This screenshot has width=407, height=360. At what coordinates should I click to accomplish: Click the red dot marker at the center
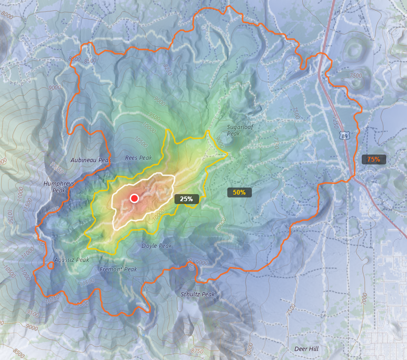point(134,198)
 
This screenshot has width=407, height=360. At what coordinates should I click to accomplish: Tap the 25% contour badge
point(186,199)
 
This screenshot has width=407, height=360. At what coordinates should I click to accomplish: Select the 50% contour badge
point(239,192)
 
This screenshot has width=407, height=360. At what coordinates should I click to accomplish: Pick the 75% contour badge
point(374,159)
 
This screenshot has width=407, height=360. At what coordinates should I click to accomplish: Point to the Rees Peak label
point(139,158)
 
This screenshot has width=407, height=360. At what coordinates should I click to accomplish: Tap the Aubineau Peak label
point(91,160)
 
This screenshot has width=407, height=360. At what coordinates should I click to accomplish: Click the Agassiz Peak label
point(72,260)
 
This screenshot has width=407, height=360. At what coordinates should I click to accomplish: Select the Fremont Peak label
point(118,269)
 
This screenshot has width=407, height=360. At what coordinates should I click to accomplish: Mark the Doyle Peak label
point(157,246)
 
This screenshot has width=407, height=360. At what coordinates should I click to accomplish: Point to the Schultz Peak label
point(198,294)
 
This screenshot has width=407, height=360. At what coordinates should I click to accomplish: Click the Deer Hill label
point(306,349)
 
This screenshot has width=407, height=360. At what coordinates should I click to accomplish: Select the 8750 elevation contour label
point(198,351)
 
